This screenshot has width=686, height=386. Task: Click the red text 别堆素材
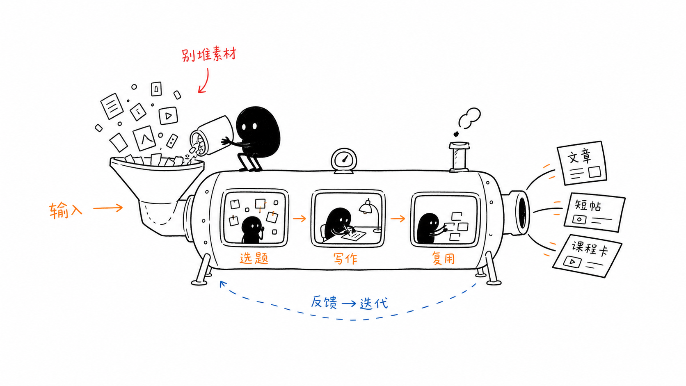[x=209, y=55]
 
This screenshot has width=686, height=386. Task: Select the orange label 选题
[x=254, y=258]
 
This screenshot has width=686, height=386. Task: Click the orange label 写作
[x=345, y=259]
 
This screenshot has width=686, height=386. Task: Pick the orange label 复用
[x=443, y=258]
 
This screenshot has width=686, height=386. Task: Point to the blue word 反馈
[x=324, y=302]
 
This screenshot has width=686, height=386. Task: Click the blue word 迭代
[x=374, y=304]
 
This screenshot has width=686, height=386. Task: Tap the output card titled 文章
[x=582, y=163]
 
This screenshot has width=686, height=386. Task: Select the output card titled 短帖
[x=595, y=212]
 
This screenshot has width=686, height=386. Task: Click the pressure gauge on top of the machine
[x=344, y=160]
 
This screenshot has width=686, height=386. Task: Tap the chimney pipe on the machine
[x=459, y=157]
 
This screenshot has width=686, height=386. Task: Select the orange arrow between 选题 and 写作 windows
[x=299, y=219]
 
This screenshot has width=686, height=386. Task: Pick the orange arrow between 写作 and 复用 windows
[x=398, y=219]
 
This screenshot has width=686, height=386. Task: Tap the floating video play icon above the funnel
[x=168, y=115]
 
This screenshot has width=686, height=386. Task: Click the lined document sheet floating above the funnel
[x=112, y=106]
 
